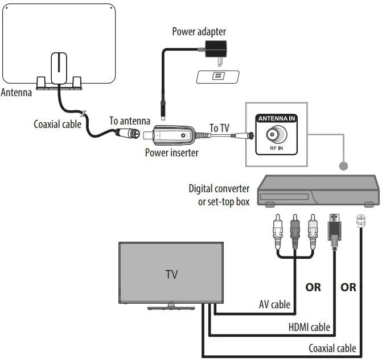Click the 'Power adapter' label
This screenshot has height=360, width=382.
pyautogui.click(x=199, y=31)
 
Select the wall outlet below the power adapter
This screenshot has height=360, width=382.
pyautogui.click(x=217, y=76)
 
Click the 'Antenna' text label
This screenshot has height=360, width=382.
pyautogui.click(x=16, y=93)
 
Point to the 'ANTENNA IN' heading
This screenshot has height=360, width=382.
pyautogui.click(x=277, y=119)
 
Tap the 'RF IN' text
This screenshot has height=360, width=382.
pyautogui.click(x=277, y=148)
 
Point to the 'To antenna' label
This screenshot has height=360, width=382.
pyautogui.click(x=130, y=121)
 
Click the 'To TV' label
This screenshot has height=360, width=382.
pyautogui.click(x=219, y=128)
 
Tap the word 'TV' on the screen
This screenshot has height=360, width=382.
pyautogui.click(x=171, y=274)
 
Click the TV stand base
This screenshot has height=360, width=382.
pyautogui.click(x=171, y=308)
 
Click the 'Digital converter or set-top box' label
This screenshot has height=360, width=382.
pyautogui.click(x=219, y=195)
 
